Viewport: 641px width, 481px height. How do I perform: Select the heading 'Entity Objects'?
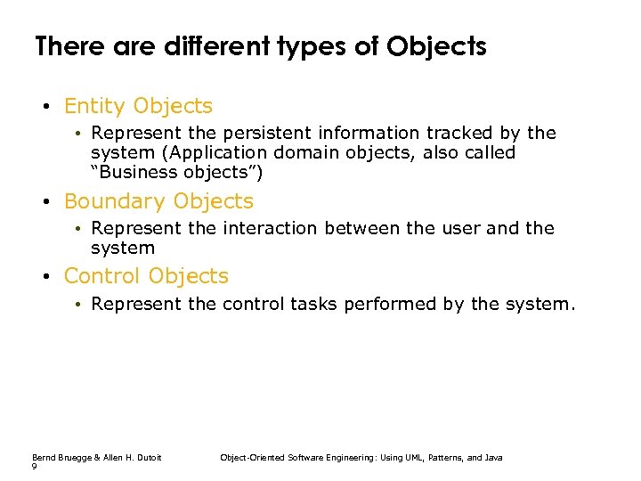click(x=138, y=106)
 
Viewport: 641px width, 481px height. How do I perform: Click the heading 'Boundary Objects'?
click(x=158, y=201)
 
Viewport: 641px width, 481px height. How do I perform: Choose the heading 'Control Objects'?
click(x=146, y=276)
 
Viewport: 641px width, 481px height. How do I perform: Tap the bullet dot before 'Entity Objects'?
click(x=44, y=108)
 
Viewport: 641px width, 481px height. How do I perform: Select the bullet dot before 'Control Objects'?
click(x=44, y=277)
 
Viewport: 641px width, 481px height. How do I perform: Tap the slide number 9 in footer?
click(x=34, y=467)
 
